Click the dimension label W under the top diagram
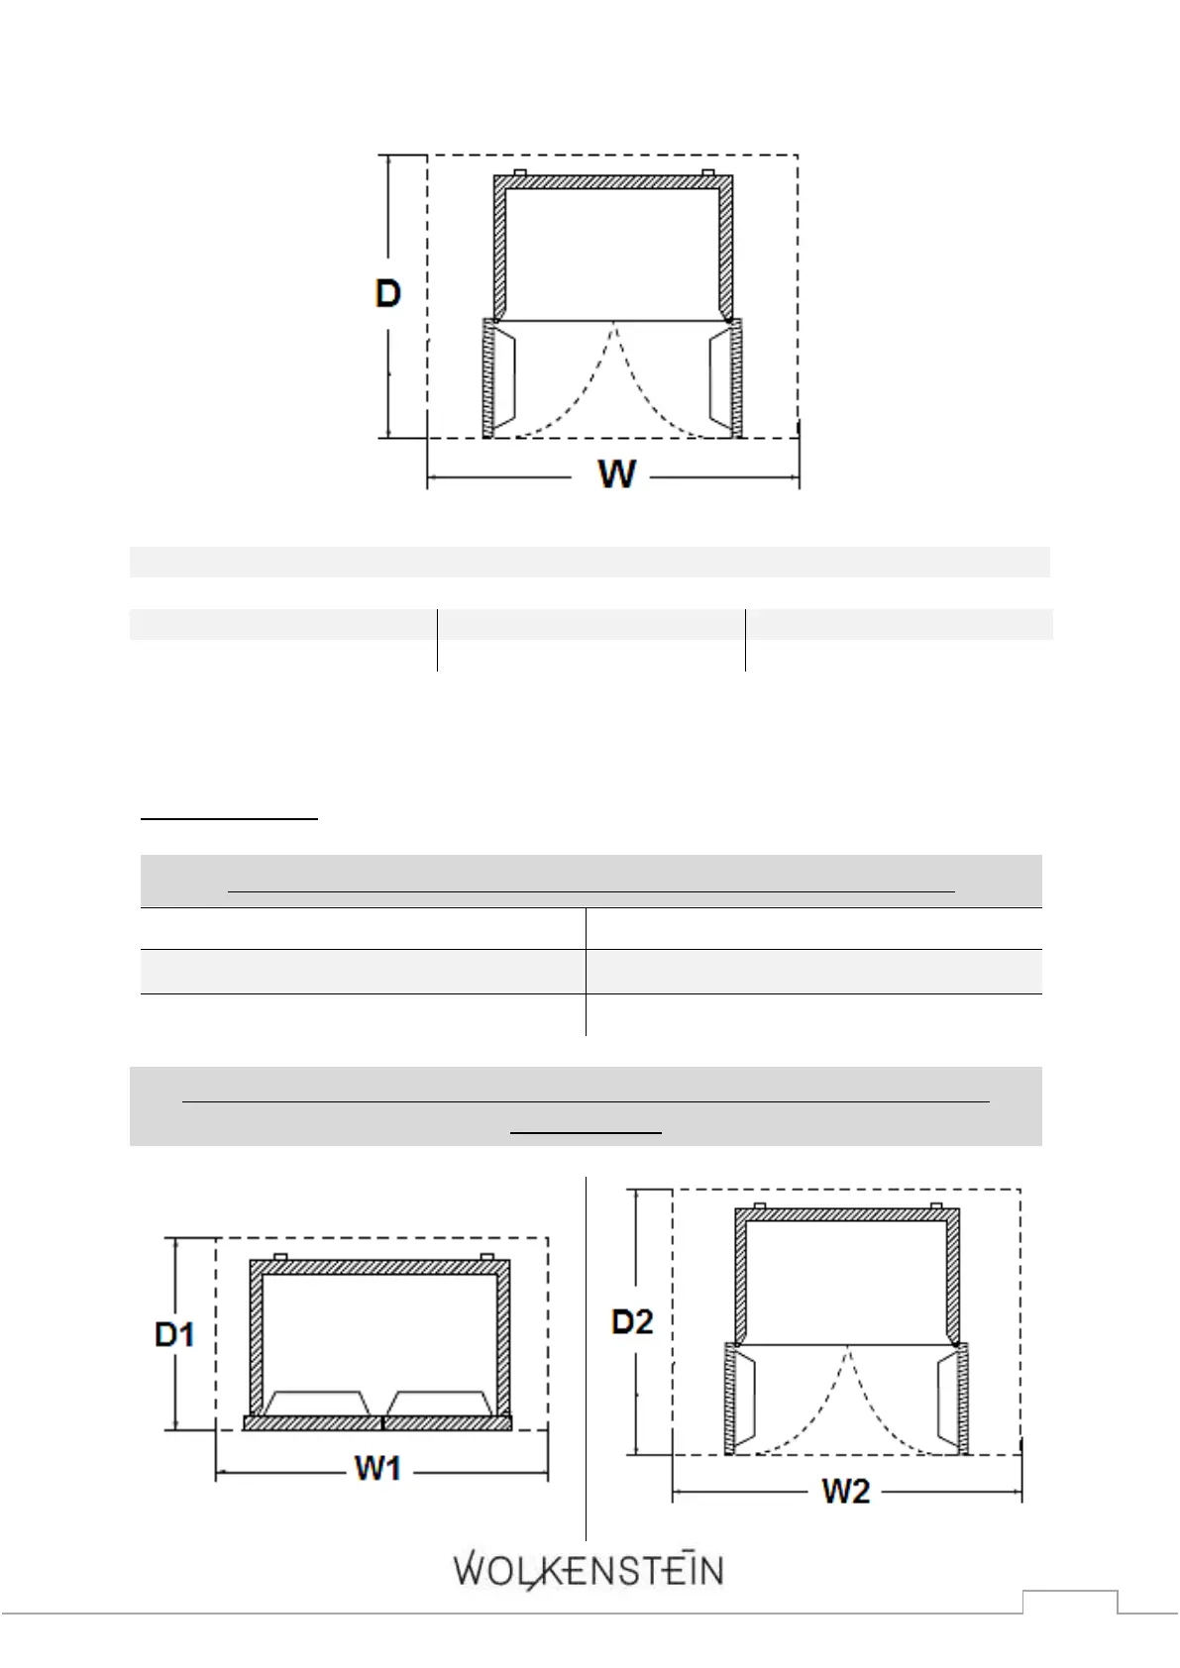pos(617,473)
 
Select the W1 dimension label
pos(377,1468)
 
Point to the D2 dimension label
pos(632,1321)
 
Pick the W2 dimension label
pos(845,1492)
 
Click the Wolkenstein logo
pos(589,1571)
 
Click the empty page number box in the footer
pos(1070,1602)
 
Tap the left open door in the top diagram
pos(489,378)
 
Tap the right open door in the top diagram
pos(735,378)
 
